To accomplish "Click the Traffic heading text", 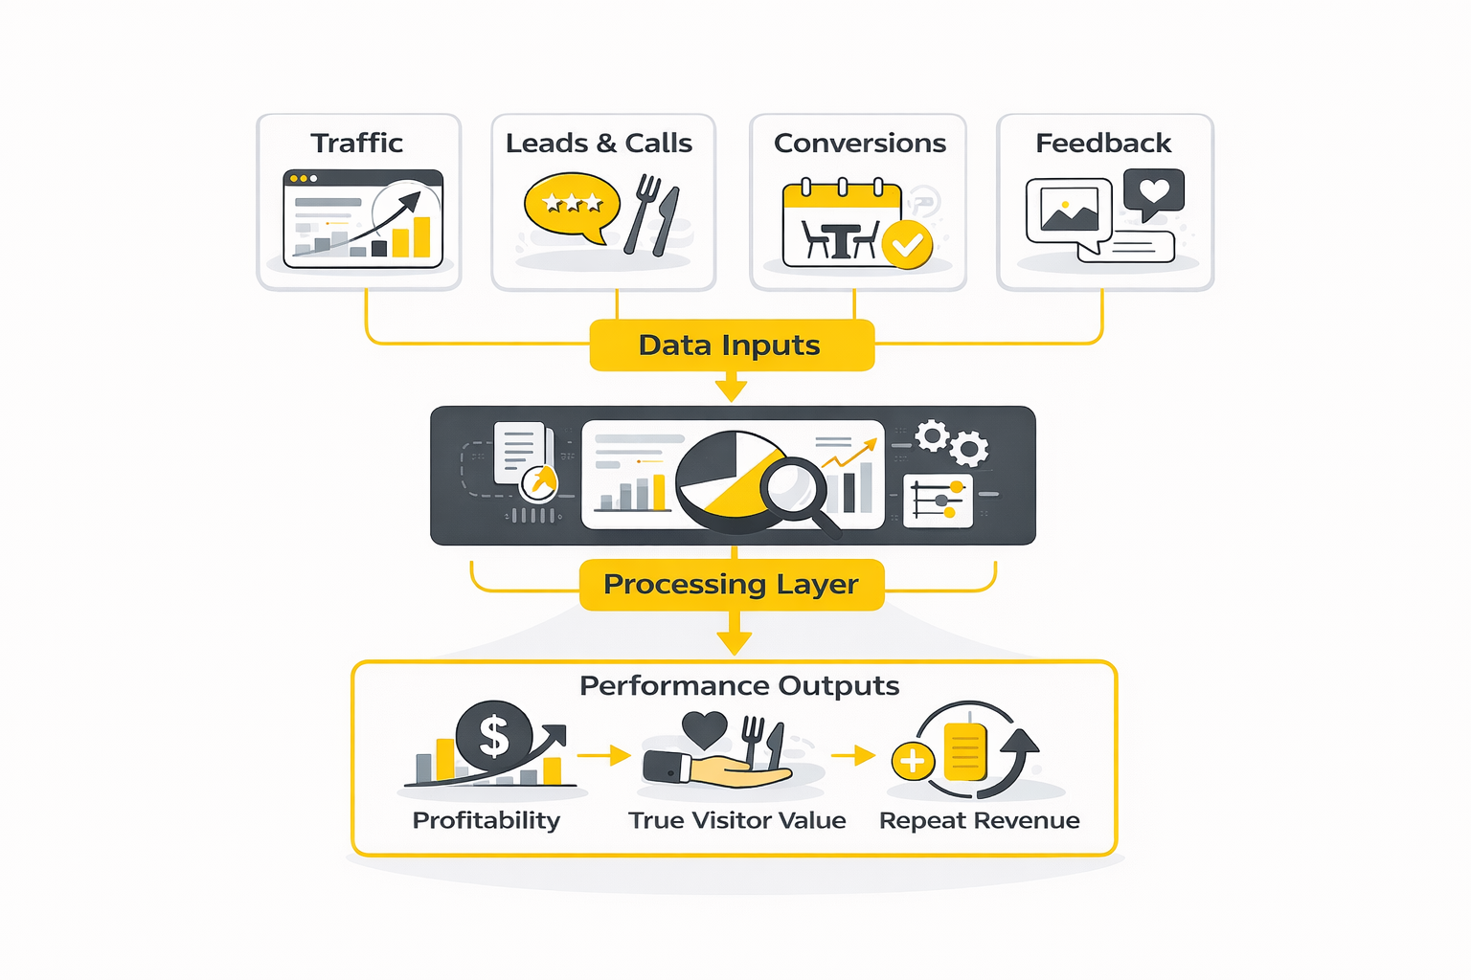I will [x=356, y=144].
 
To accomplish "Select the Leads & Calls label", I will [x=599, y=144].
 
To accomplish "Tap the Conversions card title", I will [x=859, y=144].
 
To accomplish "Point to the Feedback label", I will [x=1103, y=144].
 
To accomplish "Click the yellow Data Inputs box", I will [x=732, y=345].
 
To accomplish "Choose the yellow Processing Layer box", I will [x=732, y=584].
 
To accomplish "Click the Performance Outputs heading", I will [x=739, y=686].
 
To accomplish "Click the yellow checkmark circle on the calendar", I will [x=906, y=244].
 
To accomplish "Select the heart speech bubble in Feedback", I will [x=1154, y=191].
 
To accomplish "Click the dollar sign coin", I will [x=494, y=735].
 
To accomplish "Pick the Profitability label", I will [x=486, y=820].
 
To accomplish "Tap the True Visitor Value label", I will [x=737, y=820].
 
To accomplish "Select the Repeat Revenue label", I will [x=979, y=820].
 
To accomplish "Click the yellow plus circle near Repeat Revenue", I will [x=912, y=762].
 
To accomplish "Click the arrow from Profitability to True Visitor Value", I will [x=603, y=756].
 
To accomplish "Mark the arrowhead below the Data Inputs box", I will [x=732, y=390].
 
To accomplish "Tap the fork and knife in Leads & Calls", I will [x=652, y=215].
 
